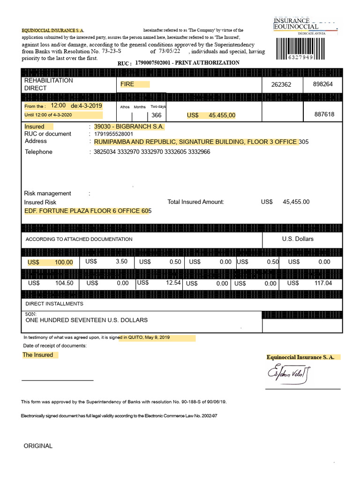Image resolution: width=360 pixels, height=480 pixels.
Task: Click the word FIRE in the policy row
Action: point(127,84)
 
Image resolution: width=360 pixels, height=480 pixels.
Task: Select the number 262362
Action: point(281,85)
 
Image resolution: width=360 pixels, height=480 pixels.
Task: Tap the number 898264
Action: point(323,84)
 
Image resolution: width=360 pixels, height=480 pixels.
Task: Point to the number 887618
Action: point(324,114)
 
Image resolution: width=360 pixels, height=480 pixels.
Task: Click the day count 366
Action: point(157,115)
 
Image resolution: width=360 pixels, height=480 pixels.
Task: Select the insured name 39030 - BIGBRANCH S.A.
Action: point(129,127)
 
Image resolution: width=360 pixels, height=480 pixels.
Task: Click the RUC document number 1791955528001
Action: point(117,134)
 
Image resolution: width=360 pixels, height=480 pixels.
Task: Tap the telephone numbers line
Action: point(152,152)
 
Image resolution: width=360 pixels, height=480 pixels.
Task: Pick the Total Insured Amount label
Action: point(196,202)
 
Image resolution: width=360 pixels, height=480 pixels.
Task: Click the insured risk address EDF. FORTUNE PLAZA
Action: point(88,211)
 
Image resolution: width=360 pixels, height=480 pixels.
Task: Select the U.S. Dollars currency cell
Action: point(298,239)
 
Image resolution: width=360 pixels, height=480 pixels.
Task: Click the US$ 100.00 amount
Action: point(50,262)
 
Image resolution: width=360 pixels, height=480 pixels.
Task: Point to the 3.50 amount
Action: point(121,262)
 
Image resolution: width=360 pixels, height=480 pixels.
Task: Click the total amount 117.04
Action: point(323,283)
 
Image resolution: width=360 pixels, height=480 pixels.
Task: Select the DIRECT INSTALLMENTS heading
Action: point(54,304)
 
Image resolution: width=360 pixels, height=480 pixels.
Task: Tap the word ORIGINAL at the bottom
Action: point(38,446)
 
